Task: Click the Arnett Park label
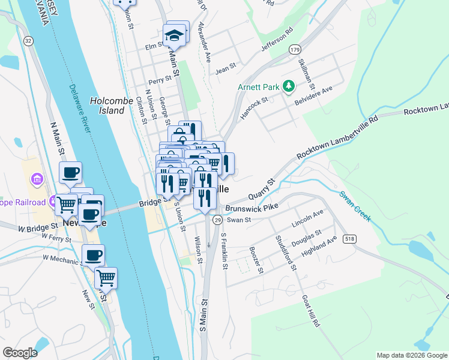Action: tap(258, 87)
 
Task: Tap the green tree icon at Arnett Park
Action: tap(289, 87)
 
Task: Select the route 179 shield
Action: tap(294, 49)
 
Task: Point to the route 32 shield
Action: tap(28, 41)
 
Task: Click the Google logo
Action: tap(20, 353)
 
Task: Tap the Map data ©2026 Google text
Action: tap(411, 355)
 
